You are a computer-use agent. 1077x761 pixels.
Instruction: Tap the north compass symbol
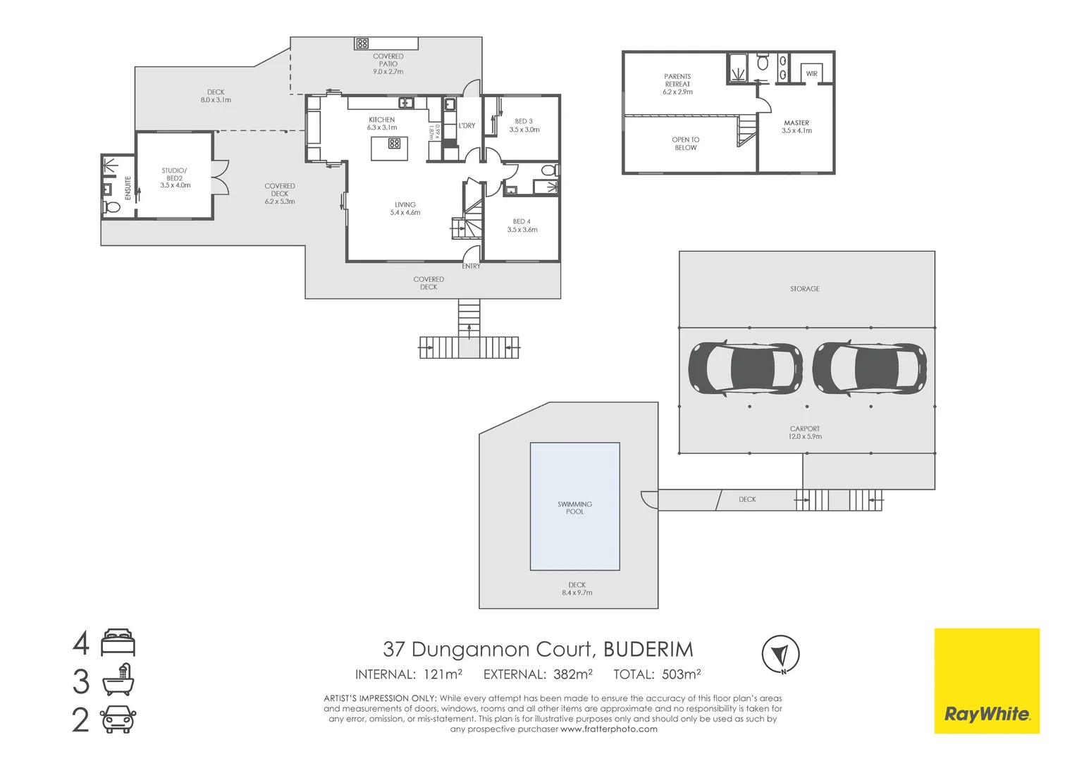coord(780,654)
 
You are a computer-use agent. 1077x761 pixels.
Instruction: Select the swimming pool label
coord(574,507)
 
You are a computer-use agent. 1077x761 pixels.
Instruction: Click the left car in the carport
coord(745,368)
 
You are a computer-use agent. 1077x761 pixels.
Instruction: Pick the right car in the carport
coord(869,368)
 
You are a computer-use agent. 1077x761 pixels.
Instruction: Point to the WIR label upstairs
coord(811,74)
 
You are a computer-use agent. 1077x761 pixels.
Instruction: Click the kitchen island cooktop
coord(394,143)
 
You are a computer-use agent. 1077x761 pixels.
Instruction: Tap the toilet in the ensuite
coord(111,207)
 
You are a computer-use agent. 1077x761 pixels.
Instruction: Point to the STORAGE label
coord(805,289)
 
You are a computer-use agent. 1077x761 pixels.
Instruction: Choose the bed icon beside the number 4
coord(118,642)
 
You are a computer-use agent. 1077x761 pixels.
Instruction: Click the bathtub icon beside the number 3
coord(118,679)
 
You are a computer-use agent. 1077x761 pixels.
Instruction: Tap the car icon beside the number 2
coord(118,719)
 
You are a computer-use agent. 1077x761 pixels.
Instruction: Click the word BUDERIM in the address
coord(648,650)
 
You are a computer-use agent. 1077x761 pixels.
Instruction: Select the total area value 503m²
coord(682,674)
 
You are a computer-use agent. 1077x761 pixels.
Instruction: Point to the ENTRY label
coord(471,266)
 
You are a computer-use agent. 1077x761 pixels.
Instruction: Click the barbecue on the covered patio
coord(362,44)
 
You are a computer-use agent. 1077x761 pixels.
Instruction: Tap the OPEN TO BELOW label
coord(686,144)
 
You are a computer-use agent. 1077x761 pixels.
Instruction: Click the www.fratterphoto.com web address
coord(609,729)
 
